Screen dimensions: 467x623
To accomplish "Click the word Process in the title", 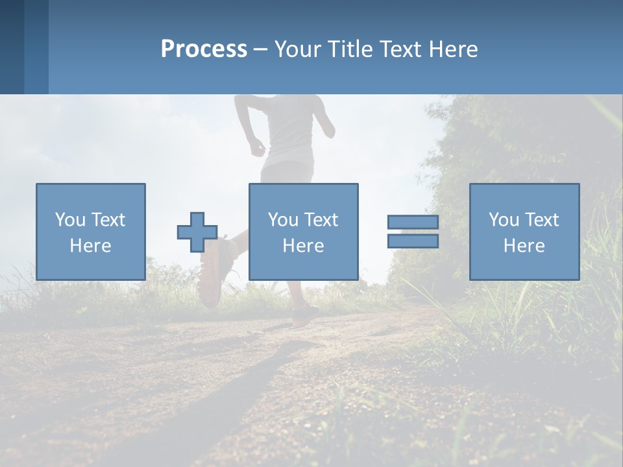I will pos(204,49).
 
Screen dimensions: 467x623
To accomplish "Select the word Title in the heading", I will pos(350,49).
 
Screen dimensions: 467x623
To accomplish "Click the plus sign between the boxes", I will pos(197,232).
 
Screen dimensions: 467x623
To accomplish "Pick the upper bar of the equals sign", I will pos(413,222).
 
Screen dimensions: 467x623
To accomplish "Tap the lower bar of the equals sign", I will pos(413,241).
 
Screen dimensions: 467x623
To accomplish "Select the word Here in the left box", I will pos(90,246).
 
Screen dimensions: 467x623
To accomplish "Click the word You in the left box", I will pos(70,220).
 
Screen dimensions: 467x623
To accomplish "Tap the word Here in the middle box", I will pos(303,246).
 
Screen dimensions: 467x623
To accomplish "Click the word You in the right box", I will pos(504,220).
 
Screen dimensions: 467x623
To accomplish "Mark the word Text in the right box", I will pos(542,220).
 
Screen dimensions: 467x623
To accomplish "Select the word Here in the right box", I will pos(524,246).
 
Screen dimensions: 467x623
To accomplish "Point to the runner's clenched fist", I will pos(258,148).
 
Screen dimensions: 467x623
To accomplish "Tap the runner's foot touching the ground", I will pos(304,315).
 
